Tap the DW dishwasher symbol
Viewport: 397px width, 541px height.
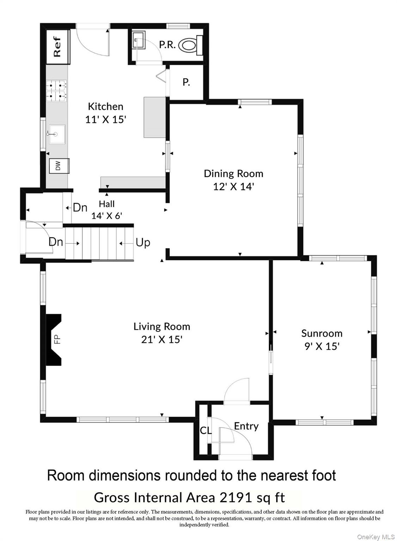(x=59, y=166)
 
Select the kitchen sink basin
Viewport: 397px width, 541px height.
(x=57, y=134)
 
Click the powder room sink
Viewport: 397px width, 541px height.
(x=139, y=40)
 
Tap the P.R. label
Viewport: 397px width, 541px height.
(x=167, y=45)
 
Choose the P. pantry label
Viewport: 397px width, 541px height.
(x=186, y=82)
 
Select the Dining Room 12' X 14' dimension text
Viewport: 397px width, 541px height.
(x=233, y=186)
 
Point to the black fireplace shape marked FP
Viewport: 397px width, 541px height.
(x=54, y=339)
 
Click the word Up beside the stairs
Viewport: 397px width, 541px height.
(x=143, y=242)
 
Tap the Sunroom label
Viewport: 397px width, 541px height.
(x=322, y=333)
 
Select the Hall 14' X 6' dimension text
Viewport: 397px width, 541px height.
(x=106, y=216)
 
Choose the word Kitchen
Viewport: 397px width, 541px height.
(x=105, y=106)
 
